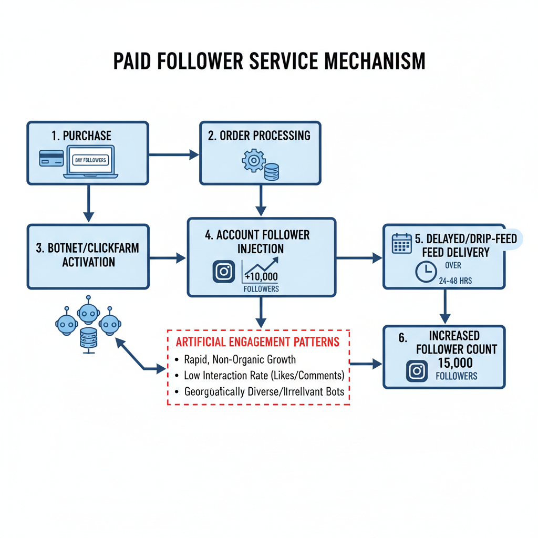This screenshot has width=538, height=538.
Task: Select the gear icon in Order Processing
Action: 253,160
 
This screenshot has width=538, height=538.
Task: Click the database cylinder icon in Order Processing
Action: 272,172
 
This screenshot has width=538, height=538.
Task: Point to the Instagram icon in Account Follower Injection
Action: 224,272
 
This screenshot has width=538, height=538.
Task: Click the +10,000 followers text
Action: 261,277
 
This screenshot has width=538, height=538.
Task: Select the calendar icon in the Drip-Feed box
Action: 402,244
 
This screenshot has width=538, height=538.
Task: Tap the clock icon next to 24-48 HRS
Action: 426,272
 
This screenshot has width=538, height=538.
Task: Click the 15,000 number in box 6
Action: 454,363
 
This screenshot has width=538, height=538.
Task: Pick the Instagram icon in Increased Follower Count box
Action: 417,371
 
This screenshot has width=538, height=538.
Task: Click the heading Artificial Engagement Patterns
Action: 257,342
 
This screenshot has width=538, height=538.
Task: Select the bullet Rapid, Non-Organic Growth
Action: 240,360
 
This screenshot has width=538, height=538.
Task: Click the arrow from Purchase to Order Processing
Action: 174,154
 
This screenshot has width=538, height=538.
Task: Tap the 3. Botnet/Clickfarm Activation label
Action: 88,254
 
